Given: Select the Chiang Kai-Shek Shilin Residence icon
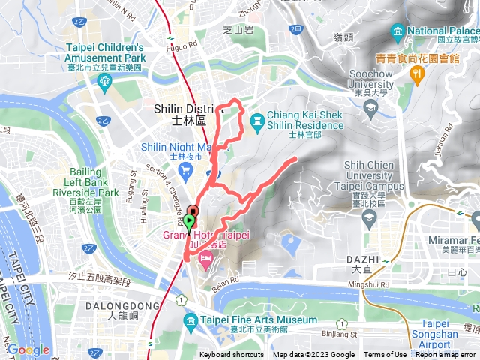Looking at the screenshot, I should click(257, 119).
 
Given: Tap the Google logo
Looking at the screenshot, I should click(28, 349).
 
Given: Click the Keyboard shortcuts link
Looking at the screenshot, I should click(232, 355).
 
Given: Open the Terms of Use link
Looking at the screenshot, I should click(385, 355).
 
